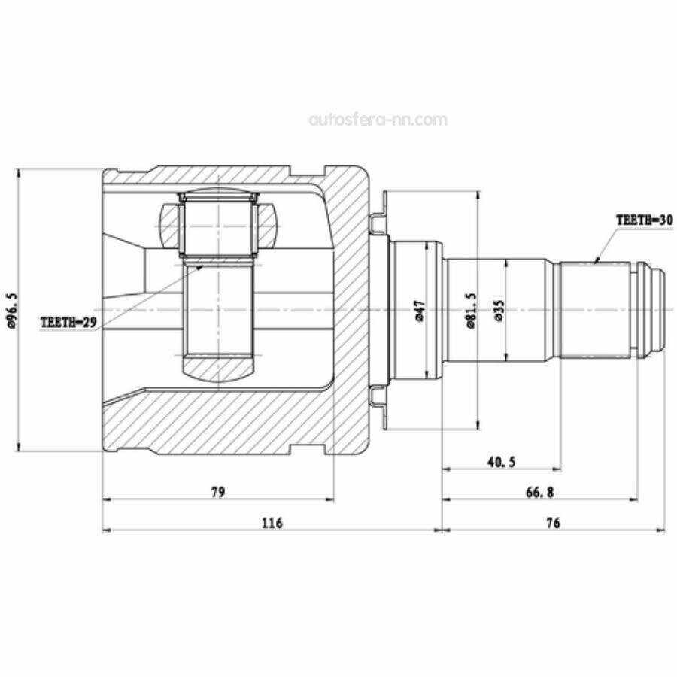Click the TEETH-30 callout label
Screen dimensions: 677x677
[644, 220]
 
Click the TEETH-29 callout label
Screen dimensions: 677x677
[69, 322]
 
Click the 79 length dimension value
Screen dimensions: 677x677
[218, 492]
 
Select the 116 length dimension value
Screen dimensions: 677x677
[272, 523]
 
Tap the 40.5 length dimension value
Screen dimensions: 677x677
[502, 462]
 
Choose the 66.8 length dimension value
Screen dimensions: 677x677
[539, 492]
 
